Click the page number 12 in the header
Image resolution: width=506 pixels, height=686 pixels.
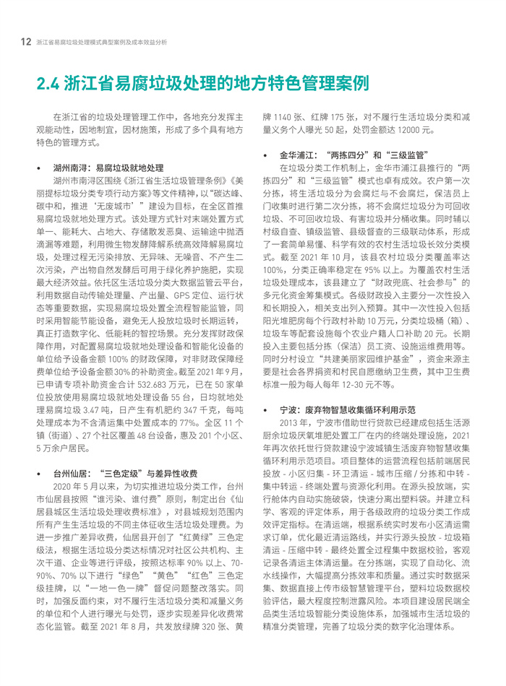point(25,42)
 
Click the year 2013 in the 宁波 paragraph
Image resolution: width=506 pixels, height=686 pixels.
point(288,422)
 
